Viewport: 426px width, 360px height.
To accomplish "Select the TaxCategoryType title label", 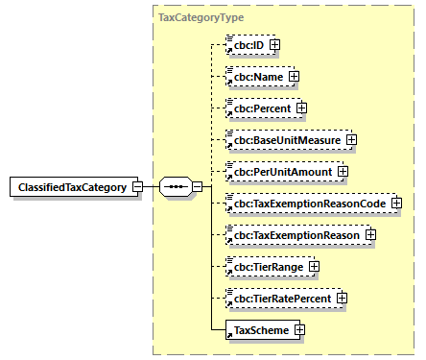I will pyautogui.click(x=200, y=18).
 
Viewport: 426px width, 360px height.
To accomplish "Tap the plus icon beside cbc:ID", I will pyautogui.click(x=275, y=44).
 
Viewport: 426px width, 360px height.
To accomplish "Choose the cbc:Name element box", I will pyautogui.click(x=255, y=76).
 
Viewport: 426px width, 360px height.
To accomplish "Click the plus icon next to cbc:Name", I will pyautogui.click(x=294, y=76).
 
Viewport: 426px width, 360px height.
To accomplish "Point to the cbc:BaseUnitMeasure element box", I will pyautogui.click(x=284, y=139).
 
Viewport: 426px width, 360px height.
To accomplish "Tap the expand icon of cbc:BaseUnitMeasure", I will pyautogui.click(x=351, y=139).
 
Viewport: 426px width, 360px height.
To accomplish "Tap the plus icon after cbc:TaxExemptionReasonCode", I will pyautogui.click(x=395, y=203).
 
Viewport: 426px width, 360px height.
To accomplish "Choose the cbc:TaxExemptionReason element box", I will pyautogui.click(x=294, y=234).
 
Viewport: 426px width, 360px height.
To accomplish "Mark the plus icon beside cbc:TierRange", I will pyautogui.click(x=313, y=266).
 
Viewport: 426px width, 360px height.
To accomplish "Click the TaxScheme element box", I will pyautogui.click(x=259, y=330).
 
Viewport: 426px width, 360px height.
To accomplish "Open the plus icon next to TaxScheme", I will pyautogui.click(x=300, y=330).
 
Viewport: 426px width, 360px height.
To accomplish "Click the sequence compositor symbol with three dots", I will pyautogui.click(x=174, y=186).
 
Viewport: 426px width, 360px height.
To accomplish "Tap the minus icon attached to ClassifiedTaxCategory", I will pyautogui.click(x=137, y=186).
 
